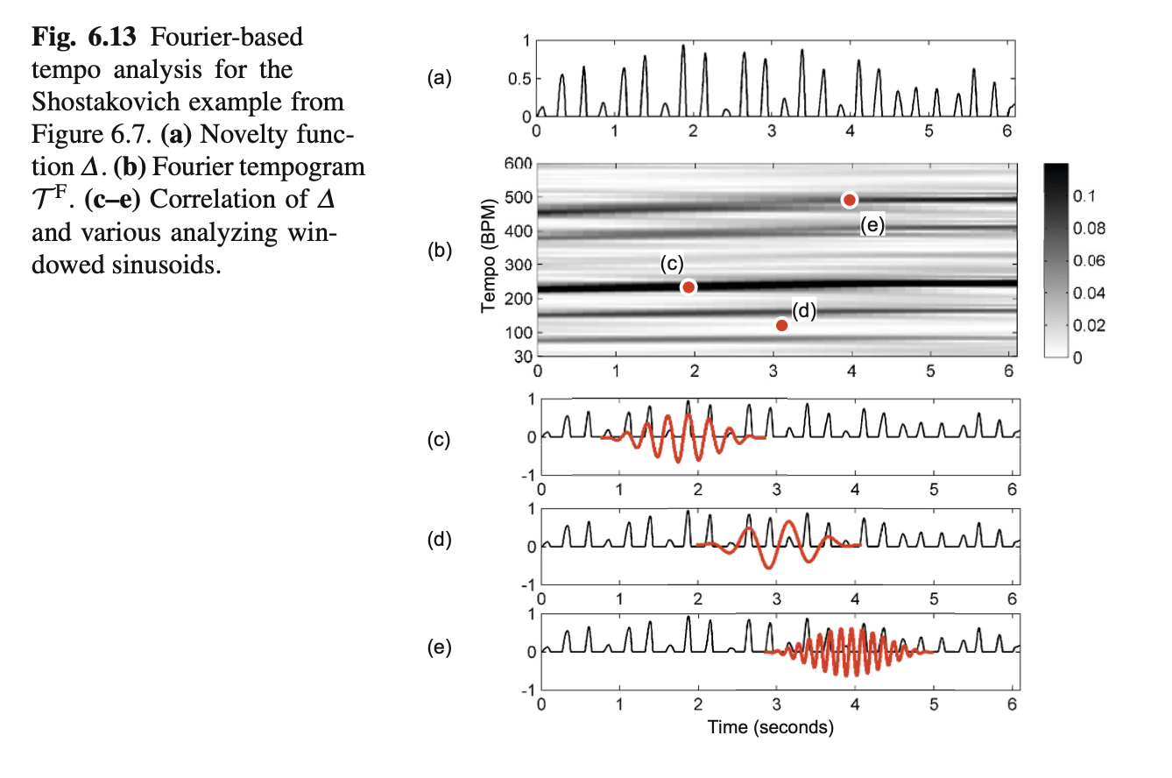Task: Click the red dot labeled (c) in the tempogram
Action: (x=688, y=287)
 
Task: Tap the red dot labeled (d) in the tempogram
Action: (x=781, y=326)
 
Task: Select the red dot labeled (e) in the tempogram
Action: (x=849, y=200)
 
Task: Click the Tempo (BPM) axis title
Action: (x=489, y=259)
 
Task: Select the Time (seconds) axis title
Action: (x=771, y=727)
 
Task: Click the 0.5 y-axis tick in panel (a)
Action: (x=519, y=79)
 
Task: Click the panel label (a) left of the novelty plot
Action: (x=440, y=80)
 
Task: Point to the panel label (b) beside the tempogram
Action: (x=440, y=251)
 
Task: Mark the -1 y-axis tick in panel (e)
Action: (x=526, y=690)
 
